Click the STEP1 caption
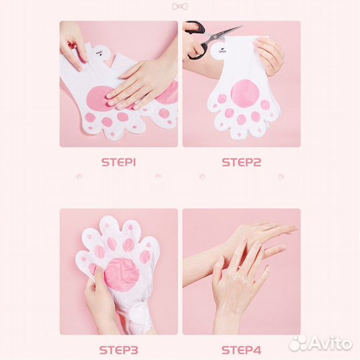pos(119,162)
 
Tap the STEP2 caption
pos(241,162)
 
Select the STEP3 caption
pos(119,350)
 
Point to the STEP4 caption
pos(241,350)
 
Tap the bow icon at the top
pos(179,7)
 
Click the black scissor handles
pos(195,39)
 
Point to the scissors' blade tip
pos(242,27)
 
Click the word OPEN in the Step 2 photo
pos(223,51)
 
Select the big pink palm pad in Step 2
pos(245,93)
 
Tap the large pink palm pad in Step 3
pos(122,275)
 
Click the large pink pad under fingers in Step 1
pos(97,98)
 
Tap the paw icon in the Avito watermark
pos(297,343)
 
